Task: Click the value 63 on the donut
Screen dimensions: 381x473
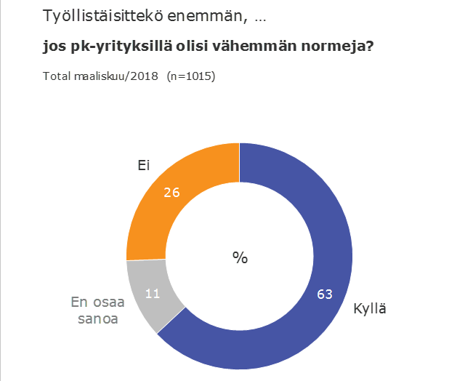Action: click(x=326, y=294)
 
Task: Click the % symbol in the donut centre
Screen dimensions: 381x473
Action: click(x=240, y=257)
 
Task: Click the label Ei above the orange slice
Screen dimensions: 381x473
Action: click(x=144, y=166)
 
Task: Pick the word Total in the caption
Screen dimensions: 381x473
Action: click(x=57, y=76)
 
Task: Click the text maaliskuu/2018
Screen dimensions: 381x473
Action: click(x=116, y=76)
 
